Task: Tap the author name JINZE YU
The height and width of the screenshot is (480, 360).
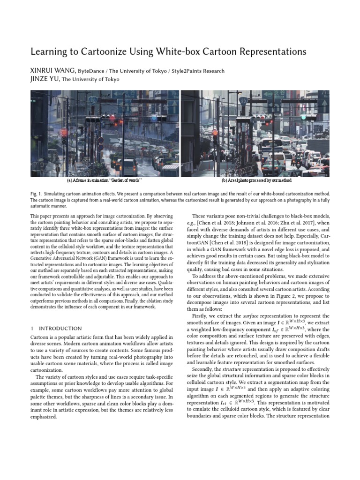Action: pos(45,79)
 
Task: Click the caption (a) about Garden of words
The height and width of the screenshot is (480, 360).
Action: pos(105,180)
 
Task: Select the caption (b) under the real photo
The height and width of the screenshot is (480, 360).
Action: pos(256,180)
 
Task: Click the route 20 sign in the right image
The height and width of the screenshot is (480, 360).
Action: pos(243,100)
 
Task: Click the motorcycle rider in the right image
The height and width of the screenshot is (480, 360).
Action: pos(296,164)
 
